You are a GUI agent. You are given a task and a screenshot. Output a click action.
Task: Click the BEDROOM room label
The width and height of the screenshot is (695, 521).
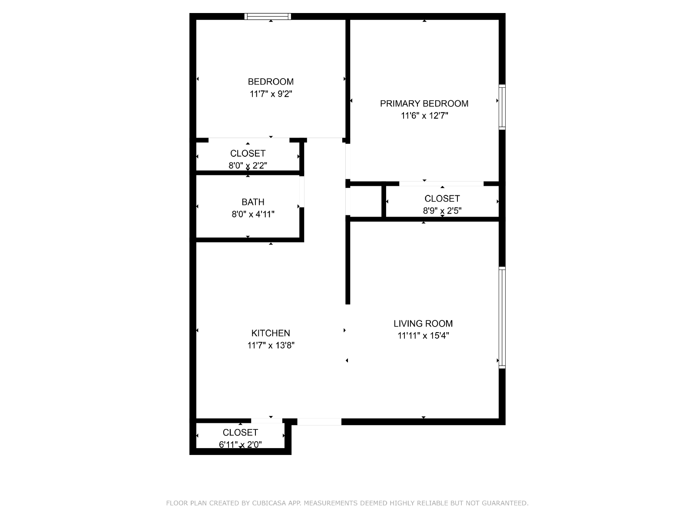271,82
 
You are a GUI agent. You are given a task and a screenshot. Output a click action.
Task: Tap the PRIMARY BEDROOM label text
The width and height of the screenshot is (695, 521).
424,103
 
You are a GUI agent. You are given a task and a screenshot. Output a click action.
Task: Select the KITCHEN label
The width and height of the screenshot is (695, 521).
271,333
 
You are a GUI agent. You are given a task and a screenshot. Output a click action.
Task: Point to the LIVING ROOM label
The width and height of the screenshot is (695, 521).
423,323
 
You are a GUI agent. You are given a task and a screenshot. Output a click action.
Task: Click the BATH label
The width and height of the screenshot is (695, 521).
253,202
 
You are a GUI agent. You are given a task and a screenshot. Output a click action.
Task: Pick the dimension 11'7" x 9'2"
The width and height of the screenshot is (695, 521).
271,94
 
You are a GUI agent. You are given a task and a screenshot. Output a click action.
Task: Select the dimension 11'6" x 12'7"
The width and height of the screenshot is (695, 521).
424,116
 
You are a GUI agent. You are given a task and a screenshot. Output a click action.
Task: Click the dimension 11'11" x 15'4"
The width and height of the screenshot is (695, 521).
423,336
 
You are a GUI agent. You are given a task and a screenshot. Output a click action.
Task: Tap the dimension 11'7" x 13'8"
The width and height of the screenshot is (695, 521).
271,345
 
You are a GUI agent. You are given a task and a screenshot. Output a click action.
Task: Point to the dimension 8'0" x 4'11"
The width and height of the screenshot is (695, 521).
253,214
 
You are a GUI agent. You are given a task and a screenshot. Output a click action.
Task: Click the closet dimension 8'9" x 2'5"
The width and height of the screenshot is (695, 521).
442,211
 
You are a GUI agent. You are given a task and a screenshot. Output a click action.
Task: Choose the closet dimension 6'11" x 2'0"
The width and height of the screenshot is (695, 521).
240,445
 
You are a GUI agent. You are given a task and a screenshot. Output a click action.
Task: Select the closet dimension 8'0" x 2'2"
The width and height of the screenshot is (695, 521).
248,165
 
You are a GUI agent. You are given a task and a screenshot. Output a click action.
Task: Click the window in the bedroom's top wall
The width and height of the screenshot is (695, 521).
268,16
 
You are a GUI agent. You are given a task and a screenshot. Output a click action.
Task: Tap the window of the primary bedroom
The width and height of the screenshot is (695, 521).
502,107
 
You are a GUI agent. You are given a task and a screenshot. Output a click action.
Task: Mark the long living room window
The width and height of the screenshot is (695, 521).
502,318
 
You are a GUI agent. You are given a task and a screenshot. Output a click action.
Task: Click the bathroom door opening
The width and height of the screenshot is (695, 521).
302,192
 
